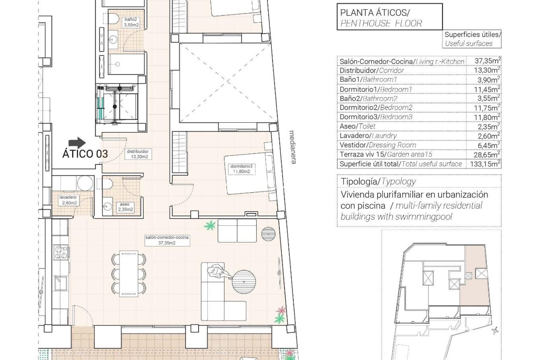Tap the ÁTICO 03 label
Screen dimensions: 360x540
85,154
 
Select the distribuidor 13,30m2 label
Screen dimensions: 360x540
137,154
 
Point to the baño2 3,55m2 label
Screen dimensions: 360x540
131,22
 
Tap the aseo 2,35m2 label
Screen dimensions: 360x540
125,207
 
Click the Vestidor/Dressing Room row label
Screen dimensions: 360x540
378,145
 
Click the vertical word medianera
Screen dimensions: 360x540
293,147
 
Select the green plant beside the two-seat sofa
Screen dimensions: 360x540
210,226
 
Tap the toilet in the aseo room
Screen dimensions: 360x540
107,184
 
